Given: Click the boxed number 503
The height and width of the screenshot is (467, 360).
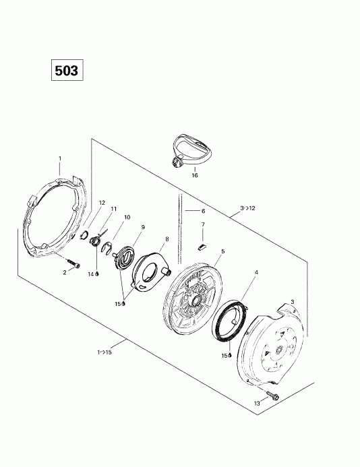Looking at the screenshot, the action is [67, 70].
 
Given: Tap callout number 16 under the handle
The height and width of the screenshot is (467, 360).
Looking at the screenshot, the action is [195, 175].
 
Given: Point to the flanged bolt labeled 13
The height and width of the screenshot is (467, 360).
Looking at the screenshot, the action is [272, 395].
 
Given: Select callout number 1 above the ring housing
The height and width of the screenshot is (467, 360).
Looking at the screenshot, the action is [60, 158].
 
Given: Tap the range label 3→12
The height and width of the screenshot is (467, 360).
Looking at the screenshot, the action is [247, 208].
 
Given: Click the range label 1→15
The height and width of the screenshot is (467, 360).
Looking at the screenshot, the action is [104, 352].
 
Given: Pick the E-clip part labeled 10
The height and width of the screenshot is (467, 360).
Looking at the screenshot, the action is [107, 249].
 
